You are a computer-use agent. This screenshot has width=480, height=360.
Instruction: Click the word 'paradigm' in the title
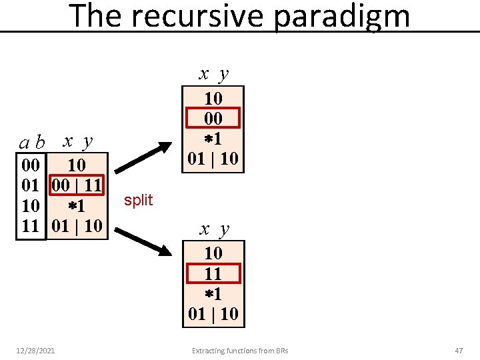coord(341,17)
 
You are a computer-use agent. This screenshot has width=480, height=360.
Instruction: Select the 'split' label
coord(138,200)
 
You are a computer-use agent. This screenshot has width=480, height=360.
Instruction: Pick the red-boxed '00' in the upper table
coord(213,119)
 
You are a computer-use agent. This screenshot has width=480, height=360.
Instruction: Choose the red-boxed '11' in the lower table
coord(213,273)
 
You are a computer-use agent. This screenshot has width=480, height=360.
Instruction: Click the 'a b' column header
coord(31,142)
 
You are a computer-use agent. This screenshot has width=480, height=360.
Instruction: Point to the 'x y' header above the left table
coord(77,141)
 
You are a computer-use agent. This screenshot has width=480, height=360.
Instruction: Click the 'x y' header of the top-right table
coord(213,73)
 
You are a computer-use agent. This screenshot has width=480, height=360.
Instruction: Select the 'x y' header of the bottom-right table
coord(214,229)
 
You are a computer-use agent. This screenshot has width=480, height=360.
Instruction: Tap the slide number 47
coord(458,350)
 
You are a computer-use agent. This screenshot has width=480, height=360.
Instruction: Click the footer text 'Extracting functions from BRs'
coord(240,350)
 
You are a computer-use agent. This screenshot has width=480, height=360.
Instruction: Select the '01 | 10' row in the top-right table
coord(213,159)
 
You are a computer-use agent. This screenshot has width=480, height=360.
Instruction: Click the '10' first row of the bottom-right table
coord(213,253)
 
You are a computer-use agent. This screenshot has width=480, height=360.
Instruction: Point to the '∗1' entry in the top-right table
coord(213,139)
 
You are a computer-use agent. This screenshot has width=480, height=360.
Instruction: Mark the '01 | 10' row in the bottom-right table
coord(213,313)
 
